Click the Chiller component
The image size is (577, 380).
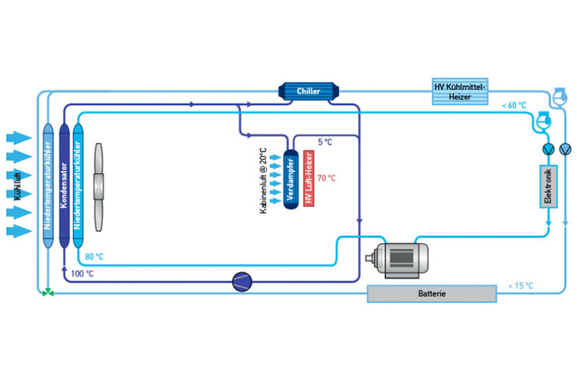308,91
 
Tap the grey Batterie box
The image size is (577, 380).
432,294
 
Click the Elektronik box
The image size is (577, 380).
548,186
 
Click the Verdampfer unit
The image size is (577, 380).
291,180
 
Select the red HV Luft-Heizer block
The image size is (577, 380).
308,180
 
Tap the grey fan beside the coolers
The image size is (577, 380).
99,180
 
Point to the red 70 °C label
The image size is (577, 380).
326,177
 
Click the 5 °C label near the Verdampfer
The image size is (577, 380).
325,143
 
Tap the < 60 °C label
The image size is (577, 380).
514,106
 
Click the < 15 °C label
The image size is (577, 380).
521,285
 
